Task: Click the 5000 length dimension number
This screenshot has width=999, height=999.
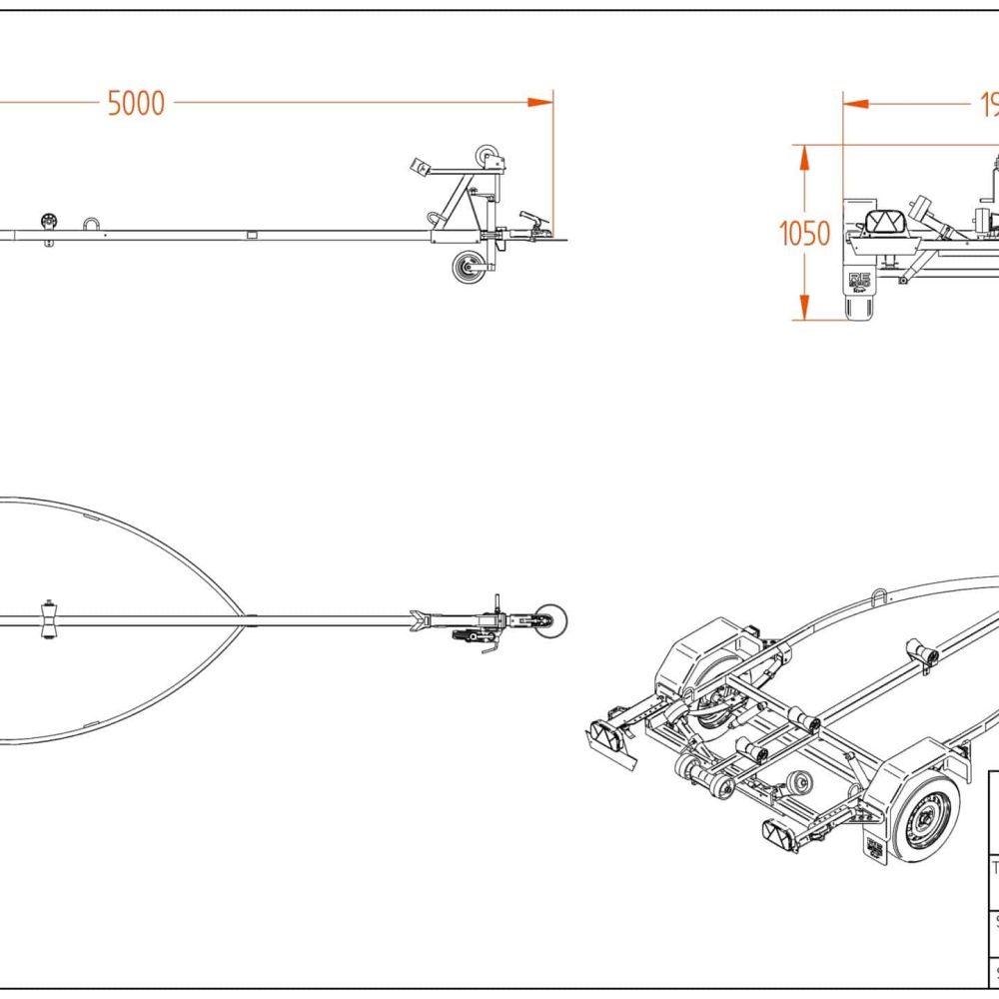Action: pos(136,103)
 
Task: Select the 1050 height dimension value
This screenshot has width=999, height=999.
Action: pos(804,234)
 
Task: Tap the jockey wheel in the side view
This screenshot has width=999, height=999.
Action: pos(467,268)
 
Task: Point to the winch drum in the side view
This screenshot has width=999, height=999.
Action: pos(489,156)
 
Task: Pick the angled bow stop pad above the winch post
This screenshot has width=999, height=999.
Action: pos(421,166)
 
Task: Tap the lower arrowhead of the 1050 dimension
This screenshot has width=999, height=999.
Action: pos(801,311)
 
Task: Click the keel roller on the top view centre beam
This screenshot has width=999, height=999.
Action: pos(46,621)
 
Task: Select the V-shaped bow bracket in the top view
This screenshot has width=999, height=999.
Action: pos(420,621)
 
